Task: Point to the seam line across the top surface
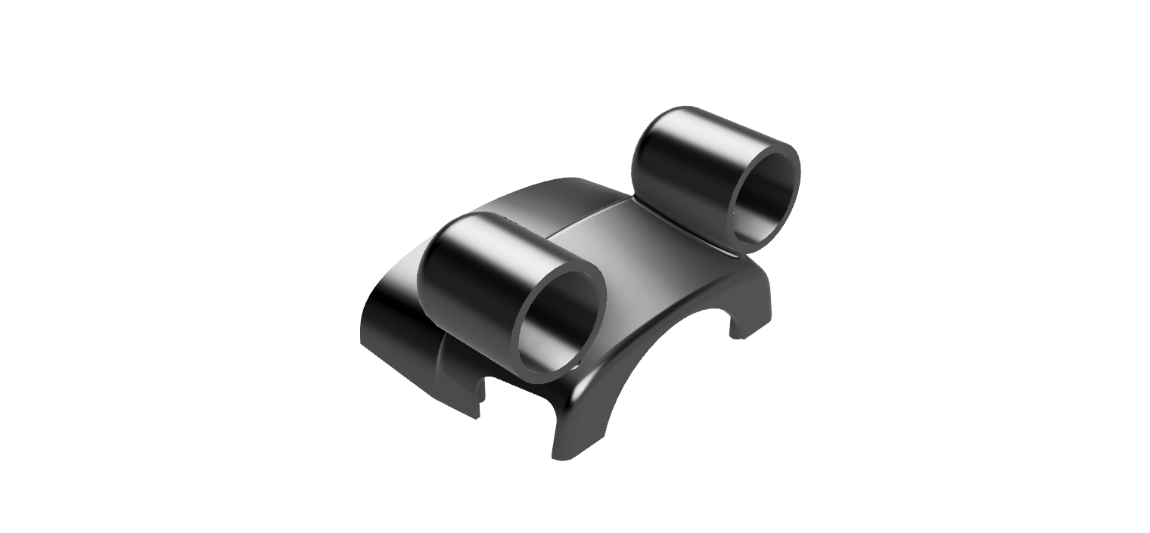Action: (x=590, y=219)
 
